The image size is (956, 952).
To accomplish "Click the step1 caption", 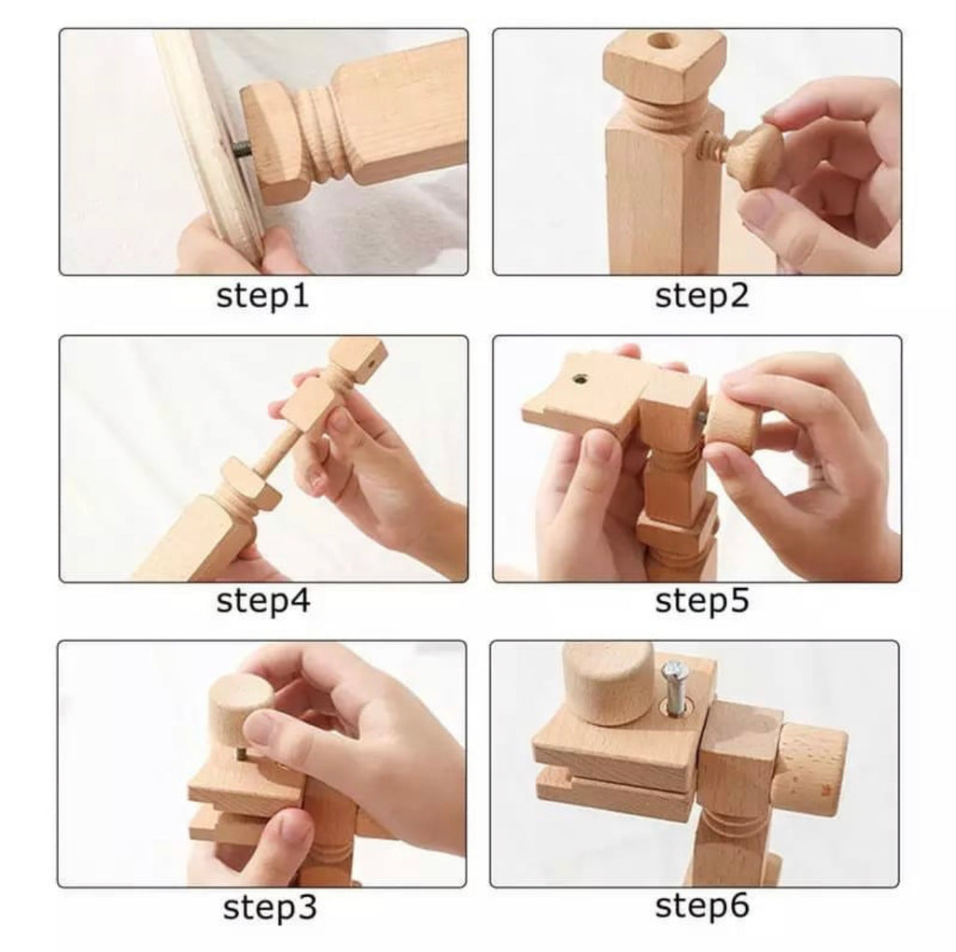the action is point(262,296).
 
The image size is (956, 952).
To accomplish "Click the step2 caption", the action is point(702,296).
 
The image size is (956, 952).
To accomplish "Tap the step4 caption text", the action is point(263,601).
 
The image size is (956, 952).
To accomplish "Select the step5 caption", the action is point(702,601).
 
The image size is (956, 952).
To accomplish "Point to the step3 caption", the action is point(270,907).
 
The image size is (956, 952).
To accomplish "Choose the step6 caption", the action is point(702,905).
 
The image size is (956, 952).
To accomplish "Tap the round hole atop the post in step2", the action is point(663,43).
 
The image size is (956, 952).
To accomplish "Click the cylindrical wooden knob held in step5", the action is point(734,421).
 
